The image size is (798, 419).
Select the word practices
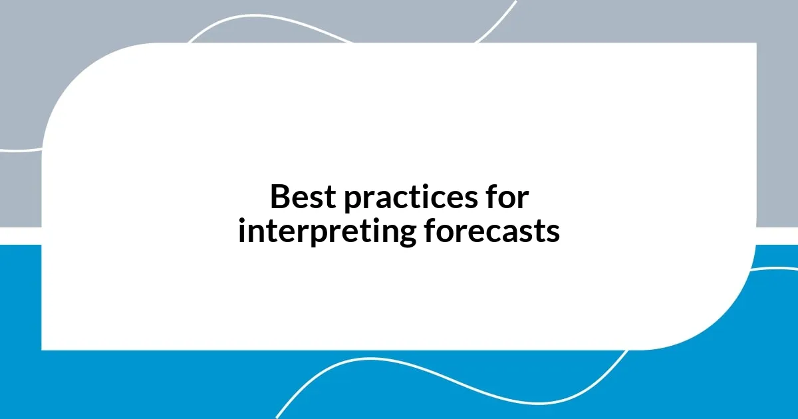[x=407, y=198]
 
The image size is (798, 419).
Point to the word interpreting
[x=327, y=232]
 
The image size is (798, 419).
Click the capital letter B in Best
[x=280, y=198]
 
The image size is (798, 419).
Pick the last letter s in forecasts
[x=553, y=233]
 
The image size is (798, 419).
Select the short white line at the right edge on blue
[x=778, y=269]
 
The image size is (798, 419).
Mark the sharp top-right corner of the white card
[x=755, y=44]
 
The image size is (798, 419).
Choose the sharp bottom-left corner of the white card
[x=43, y=349]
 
